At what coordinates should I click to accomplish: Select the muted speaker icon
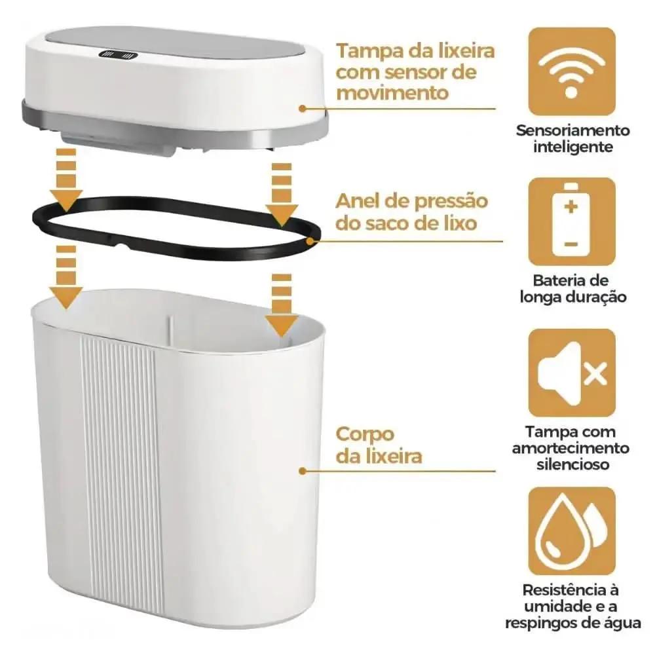[x=572, y=373]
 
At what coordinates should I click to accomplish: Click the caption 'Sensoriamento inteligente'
[x=572, y=138]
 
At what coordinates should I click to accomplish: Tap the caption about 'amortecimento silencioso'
[x=572, y=448]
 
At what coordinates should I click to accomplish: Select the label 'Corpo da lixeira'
[x=379, y=445]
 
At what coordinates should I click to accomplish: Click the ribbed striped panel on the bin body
[x=121, y=472]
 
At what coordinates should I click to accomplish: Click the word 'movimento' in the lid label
[x=392, y=92]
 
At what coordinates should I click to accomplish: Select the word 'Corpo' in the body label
[x=365, y=434]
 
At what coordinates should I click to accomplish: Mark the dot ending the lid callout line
[x=303, y=109]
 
